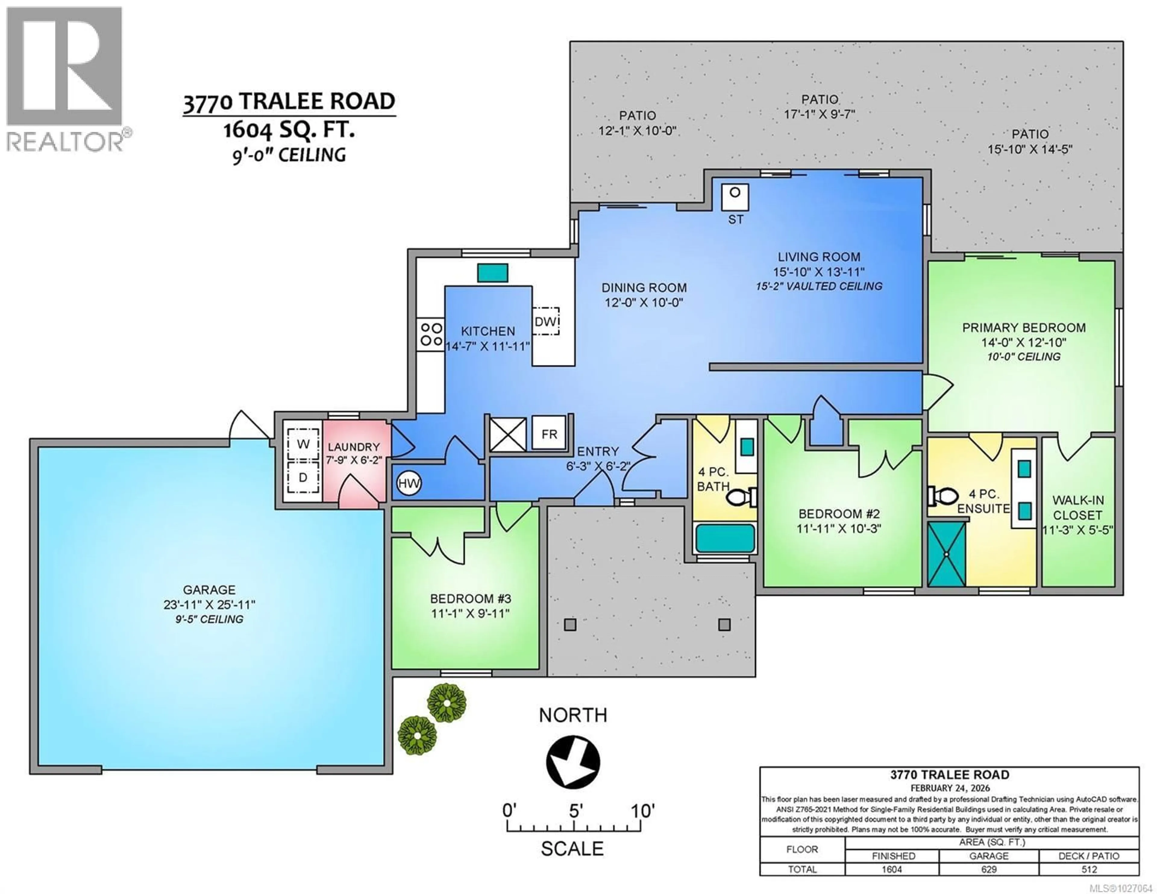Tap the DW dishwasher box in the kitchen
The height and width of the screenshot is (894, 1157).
pos(546,321)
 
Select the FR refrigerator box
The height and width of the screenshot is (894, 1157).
pos(549,434)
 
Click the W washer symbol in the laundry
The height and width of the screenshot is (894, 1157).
pos(303,444)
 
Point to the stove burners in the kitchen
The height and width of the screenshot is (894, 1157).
pos(431,334)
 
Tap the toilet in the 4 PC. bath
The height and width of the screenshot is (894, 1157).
pos(741,497)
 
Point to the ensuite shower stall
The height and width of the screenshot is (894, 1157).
pos(946,554)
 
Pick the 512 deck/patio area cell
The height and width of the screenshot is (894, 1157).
pos(1089,869)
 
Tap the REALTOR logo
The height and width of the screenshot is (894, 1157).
pos(65,80)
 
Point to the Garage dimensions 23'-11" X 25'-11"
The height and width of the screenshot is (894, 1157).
pos(209,604)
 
